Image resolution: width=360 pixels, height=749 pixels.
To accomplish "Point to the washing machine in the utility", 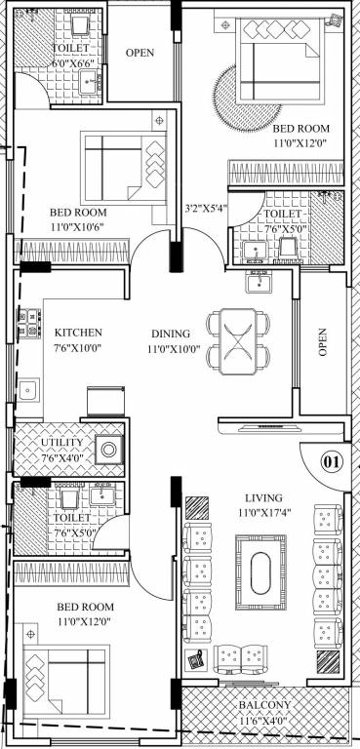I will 109,450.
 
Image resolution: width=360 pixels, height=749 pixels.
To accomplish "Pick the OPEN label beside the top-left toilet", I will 141,53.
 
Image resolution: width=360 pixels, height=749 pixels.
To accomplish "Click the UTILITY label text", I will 61,443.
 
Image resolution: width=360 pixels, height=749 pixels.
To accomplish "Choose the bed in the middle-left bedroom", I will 123,166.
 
